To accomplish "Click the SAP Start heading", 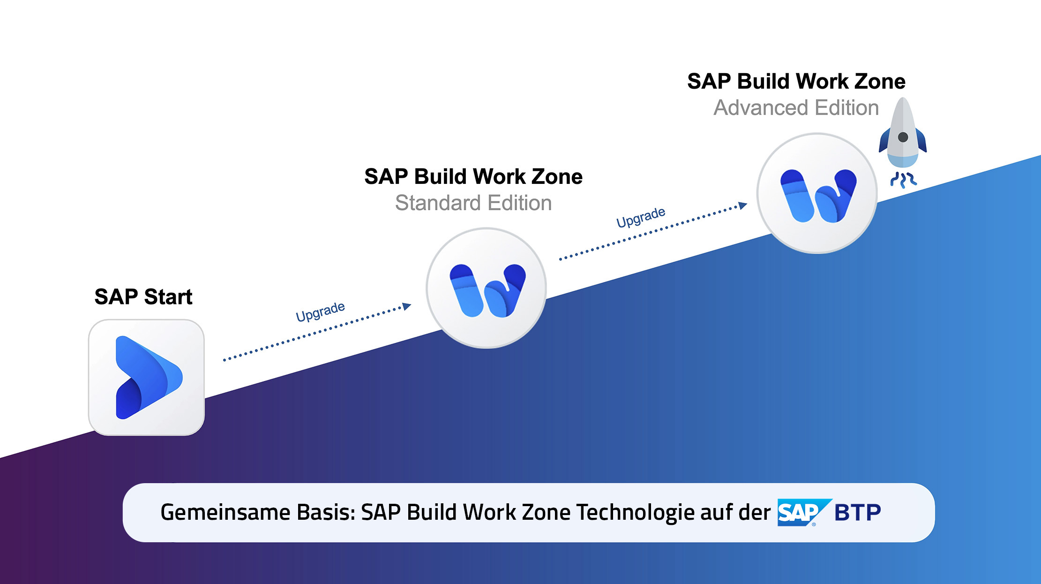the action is (143, 297).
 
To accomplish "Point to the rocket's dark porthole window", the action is (903, 137).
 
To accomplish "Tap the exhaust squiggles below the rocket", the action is (903, 180).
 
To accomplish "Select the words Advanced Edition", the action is (796, 108).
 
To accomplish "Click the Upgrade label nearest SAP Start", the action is (321, 311).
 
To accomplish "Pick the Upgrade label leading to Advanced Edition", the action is (641, 217).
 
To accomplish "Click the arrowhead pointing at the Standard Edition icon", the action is (407, 306).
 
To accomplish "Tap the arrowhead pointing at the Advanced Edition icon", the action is (743, 205).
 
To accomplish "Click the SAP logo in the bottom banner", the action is (804, 512).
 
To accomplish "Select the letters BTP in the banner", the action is (858, 512).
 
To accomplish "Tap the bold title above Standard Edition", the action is (473, 177).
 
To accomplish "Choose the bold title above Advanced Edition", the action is (796, 82).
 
